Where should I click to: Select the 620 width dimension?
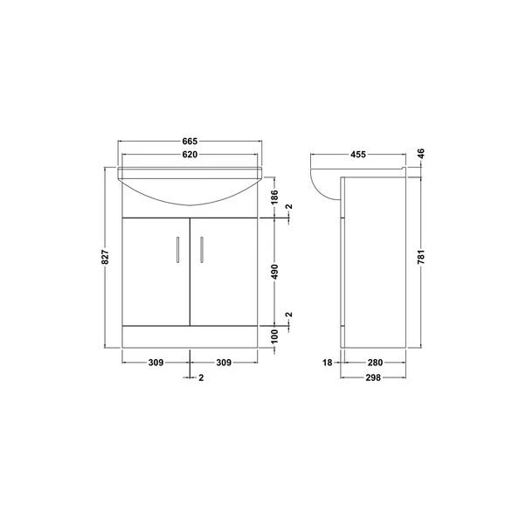point(190,155)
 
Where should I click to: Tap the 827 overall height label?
point(105,258)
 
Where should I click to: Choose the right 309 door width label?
point(225,361)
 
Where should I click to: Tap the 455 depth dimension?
point(358,155)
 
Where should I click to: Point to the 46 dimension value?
point(420,155)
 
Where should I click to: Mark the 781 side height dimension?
point(420,258)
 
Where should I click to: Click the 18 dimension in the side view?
point(326,361)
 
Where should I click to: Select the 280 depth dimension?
point(373,361)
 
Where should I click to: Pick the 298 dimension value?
point(373,377)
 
